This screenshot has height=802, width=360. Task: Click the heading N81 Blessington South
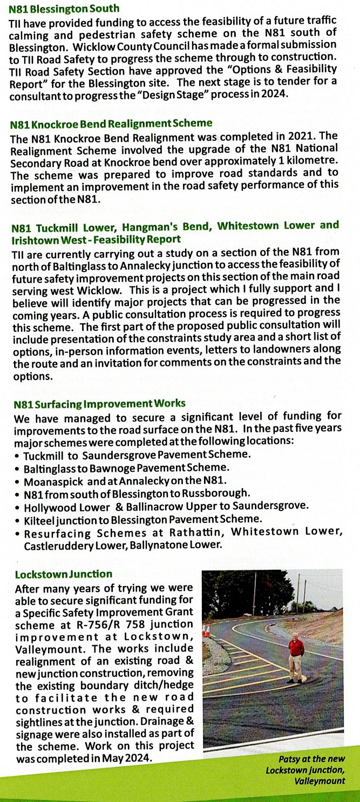coord(65,9)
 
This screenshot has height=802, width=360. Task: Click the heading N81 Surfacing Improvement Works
coord(100,403)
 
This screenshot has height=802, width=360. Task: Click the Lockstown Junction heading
coord(64,574)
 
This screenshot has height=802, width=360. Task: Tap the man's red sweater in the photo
coord(295,647)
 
